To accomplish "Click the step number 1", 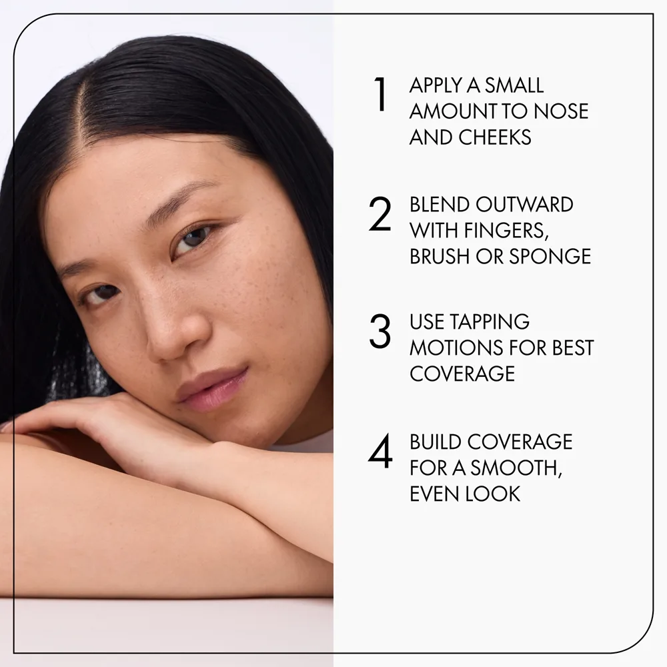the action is (x=380, y=95).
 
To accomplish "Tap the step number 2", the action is (x=380, y=214).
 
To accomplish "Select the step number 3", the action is (x=380, y=331).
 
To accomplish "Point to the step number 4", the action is (x=380, y=451).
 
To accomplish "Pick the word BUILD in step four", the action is (x=435, y=442).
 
